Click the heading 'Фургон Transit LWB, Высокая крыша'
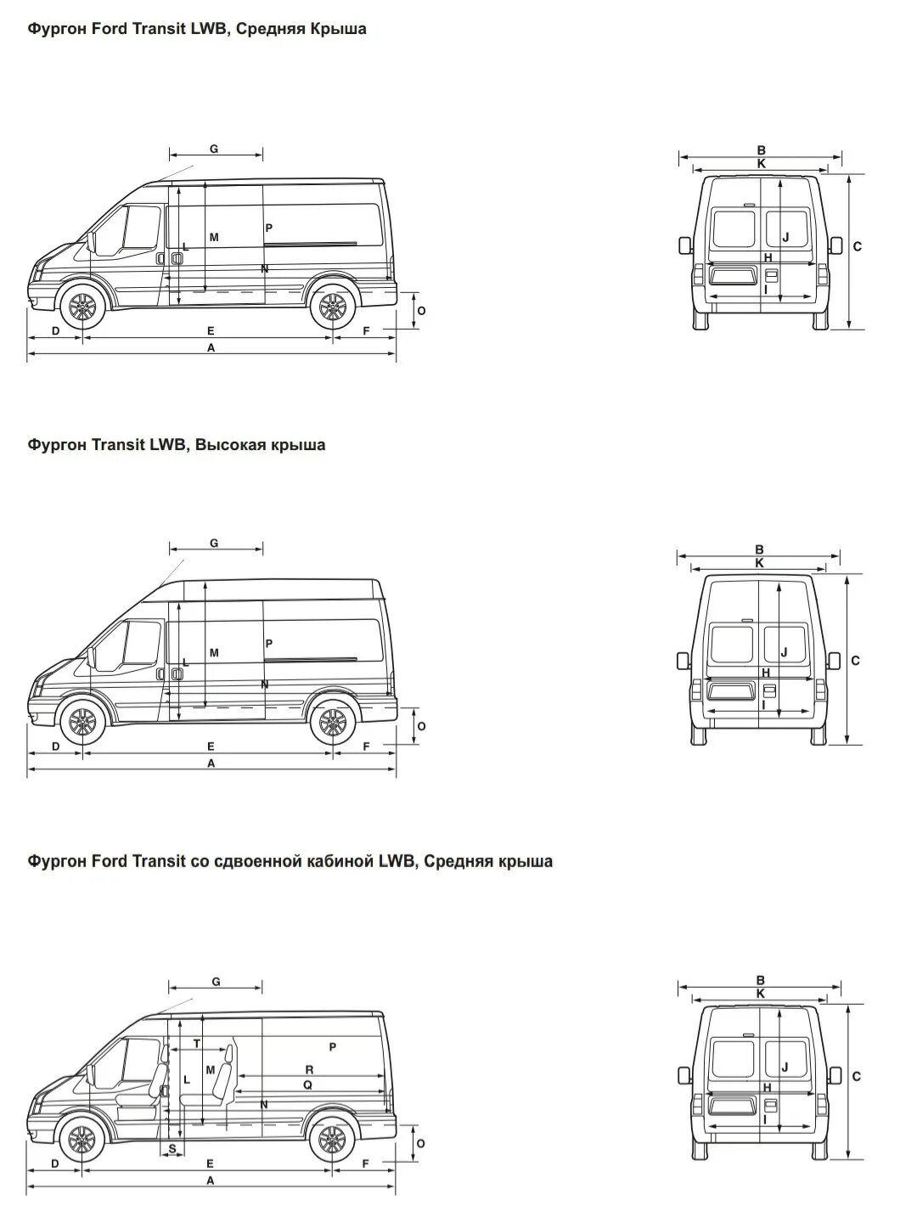176,444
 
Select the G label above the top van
214,149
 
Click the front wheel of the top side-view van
82,307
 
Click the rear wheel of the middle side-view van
331,724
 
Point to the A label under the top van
211,347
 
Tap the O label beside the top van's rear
421,311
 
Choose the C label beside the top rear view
858,246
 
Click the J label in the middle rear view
785,652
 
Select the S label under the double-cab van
172,1148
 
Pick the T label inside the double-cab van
197,1043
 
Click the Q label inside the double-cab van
307,1085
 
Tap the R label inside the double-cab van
309,1070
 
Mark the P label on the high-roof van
268,644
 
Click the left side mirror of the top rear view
684,245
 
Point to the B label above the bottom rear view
761,980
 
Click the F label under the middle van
367,747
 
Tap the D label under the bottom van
54,1164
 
